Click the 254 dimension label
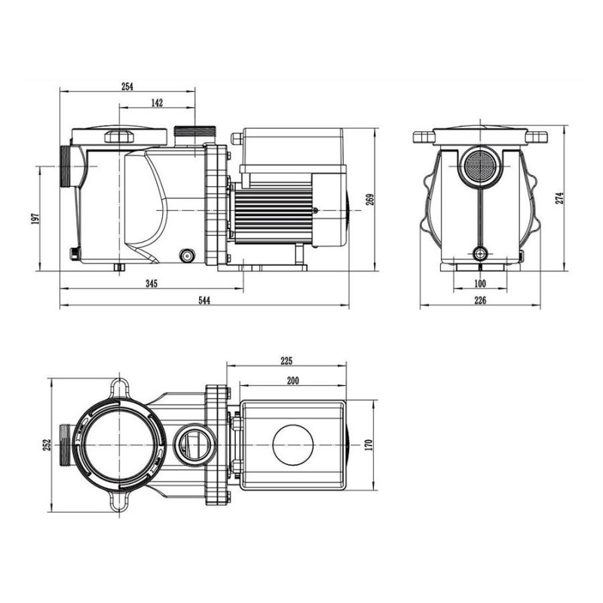(127, 87)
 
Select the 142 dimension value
(157, 103)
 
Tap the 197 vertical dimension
(35, 219)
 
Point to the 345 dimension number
(152, 283)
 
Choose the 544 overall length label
(204, 301)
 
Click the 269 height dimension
(370, 199)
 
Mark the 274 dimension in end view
(559, 198)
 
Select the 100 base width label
(480, 284)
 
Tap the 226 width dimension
(480, 301)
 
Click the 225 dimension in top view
(286, 360)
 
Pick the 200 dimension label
(293, 380)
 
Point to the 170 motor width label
(369, 445)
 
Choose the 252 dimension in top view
(46, 445)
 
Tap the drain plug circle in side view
(186, 255)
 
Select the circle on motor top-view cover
(293, 445)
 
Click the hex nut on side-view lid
(118, 136)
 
